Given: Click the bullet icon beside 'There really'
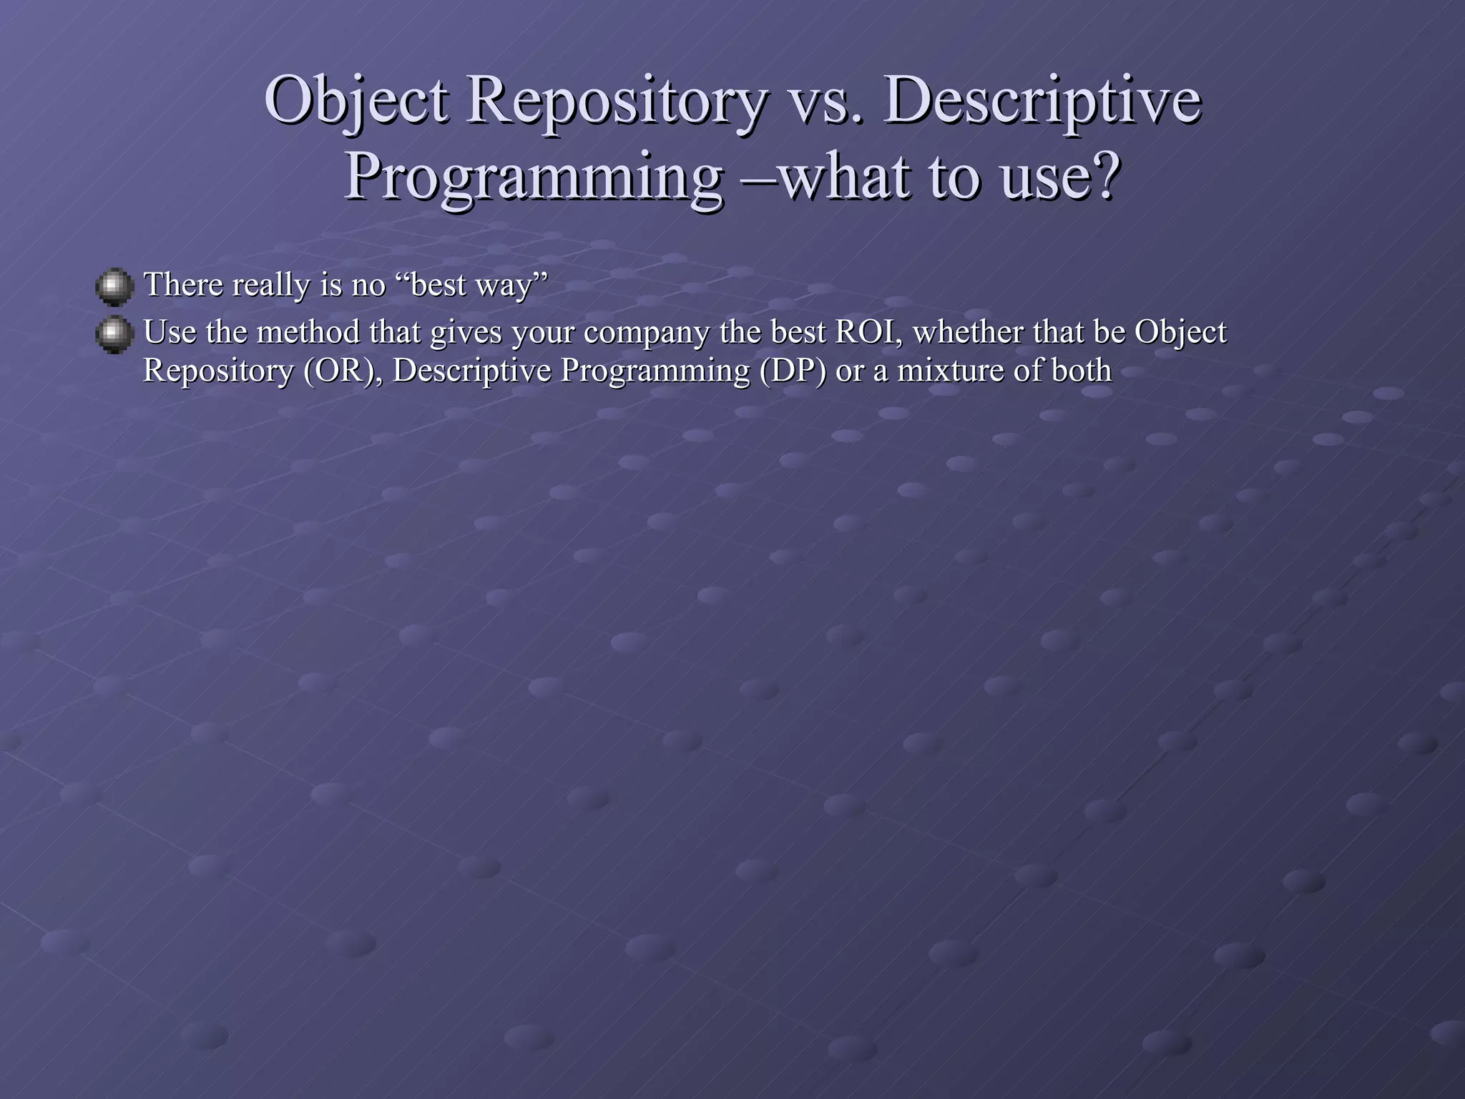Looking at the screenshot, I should point(114,287).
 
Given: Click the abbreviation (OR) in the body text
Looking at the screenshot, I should point(342,371).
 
